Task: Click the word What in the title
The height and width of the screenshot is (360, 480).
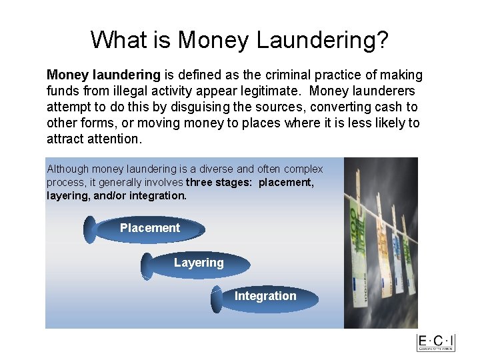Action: [117, 40]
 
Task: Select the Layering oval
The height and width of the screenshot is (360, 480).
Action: [198, 263]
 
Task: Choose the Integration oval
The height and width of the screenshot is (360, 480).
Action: [265, 297]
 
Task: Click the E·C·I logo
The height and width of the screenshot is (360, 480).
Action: [436, 342]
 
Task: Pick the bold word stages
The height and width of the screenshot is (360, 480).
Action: [235, 183]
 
